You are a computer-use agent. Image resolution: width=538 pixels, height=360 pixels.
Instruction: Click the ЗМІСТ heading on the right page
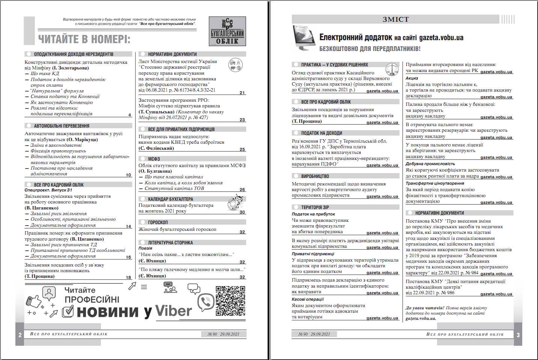pyautogui.click(x=395, y=20)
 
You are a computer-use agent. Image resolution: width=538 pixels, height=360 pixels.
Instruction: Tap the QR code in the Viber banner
pyautogui.click(x=230, y=301)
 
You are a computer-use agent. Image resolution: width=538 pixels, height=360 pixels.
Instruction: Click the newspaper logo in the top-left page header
pyautogui.click(x=227, y=31)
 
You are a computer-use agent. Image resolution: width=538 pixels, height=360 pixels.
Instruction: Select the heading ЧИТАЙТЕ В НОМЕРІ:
pyautogui.click(x=84, y=39)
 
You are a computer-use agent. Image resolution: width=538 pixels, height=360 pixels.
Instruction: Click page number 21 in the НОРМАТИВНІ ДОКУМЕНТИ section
pyautogui.click(x=242, y=93)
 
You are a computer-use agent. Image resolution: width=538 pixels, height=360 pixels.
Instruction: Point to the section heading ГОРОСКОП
pyautogui.click(x=158, y=222)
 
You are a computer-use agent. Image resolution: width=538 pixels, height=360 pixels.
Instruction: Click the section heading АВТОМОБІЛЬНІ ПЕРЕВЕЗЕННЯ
pyautogui.click(x=62, y=126)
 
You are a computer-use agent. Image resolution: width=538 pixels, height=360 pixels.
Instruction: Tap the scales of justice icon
pyautogui.click(x=392, y=69)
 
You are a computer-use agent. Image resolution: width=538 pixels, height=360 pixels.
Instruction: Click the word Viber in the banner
pyautogui.click(x=174, y=311)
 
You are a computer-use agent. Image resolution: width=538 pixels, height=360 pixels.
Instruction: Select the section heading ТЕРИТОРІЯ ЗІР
pyautogui.click(x=315, y=207)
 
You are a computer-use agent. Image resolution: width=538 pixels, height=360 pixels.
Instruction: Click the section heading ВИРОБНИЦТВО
pyautogui.click(x=315, y=176)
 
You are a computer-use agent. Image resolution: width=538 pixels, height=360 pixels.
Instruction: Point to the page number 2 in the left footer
pyautogui.click(x=20, y=335)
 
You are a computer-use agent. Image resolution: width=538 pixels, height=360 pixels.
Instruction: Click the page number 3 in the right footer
pyautogui.click(x=518, y=335)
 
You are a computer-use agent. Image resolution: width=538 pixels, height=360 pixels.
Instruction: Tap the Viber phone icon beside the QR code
pyautogui.click(x=206, y=303)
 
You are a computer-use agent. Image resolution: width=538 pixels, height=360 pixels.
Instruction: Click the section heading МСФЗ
pyautogui.click(x=154, y=159)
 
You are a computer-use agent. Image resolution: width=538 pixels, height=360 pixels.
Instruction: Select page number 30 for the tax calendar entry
pyautogui.click(x=242, y=212)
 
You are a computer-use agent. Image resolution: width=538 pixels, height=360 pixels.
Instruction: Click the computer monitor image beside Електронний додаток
pyautogui.click(x=304, y=38)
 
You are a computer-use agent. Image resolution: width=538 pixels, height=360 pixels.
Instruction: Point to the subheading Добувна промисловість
pyautogui.click(x=430, y=164)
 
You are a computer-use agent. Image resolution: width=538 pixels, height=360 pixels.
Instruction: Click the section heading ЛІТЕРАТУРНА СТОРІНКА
pyautogui.click(x=170, y=243)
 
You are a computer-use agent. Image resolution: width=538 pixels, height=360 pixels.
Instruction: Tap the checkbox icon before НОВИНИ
pyautogui.click(x=68, y=311)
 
